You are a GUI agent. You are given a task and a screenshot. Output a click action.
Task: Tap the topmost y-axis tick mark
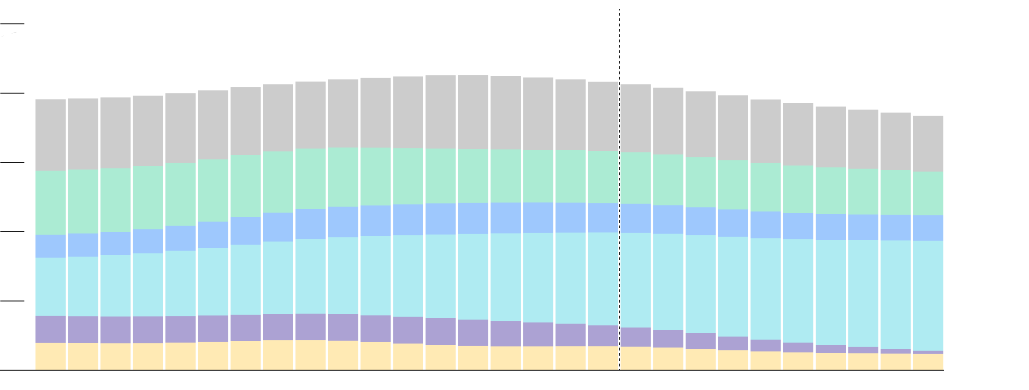point(12,24)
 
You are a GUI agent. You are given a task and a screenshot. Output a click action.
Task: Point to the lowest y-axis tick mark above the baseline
point(12,301)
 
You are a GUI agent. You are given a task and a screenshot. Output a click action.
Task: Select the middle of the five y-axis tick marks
point(12,163)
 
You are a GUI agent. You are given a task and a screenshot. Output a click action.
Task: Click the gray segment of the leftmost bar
point(51,135)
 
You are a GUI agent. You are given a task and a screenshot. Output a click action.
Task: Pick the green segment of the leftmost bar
point(51,203)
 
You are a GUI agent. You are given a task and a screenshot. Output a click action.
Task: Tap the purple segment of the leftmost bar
point(51,329)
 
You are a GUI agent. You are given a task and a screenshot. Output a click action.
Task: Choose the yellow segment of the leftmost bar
point(51,356)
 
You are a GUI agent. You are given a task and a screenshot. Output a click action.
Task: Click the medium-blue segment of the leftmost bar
point(51,246)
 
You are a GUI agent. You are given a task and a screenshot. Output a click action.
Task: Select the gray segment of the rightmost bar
point(928,144)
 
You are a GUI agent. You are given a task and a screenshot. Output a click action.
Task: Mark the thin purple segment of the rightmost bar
point(928,352)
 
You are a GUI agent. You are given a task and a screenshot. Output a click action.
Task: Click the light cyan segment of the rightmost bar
point(928,296)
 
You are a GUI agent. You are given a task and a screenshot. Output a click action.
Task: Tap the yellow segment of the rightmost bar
point(928,362)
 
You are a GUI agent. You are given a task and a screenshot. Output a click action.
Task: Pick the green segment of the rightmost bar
point(928,193)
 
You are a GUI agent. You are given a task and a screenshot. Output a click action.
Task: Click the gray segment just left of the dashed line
point(603,116)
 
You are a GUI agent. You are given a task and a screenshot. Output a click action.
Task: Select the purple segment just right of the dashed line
point(636,337)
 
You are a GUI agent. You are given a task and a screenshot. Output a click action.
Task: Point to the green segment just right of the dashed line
point(636,178)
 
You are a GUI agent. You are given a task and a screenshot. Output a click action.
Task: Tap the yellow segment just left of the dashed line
point(603,358)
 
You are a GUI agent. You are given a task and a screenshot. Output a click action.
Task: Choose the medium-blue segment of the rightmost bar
point(928,228)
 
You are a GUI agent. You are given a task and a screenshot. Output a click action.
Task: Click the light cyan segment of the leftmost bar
point(51,287)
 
